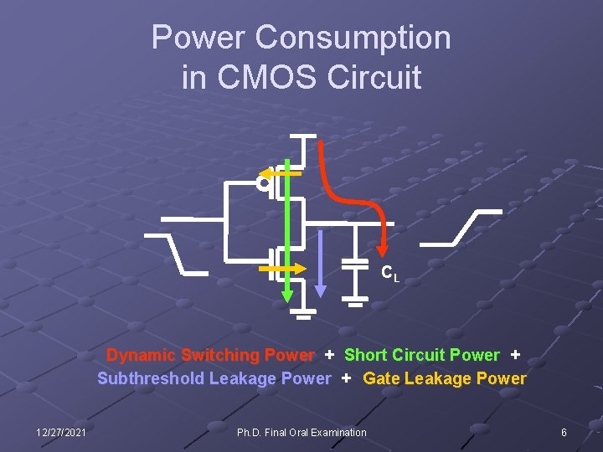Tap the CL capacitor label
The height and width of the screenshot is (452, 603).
coord(390,273)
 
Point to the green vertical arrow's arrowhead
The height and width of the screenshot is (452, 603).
coord(287,294)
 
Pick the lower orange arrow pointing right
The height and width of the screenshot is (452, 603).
coord(285,270)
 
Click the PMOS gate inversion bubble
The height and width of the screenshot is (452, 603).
coord(264,182)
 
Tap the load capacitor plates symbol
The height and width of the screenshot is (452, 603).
coord(357,264)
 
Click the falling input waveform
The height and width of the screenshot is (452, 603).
coord(176,252)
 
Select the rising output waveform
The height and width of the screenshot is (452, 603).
coord(461,227)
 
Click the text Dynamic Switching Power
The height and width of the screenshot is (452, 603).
coord(210,355)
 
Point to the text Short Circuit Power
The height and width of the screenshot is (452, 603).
coord(421,355)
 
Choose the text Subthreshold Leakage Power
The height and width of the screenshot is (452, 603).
coord(214,378)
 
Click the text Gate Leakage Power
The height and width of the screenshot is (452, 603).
coord(445,378)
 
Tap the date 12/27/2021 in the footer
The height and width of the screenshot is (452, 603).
coord(61,433)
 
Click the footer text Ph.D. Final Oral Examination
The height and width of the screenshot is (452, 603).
coord(301,433)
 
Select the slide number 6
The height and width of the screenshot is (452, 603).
coord(564,433)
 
